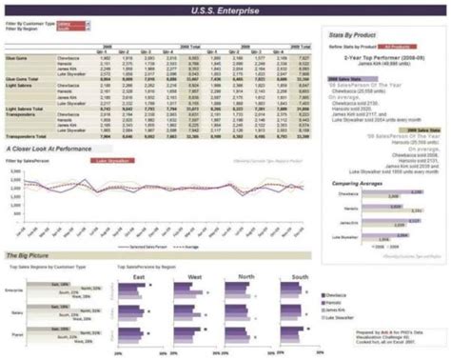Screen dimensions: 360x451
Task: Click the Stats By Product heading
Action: (354, 34)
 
